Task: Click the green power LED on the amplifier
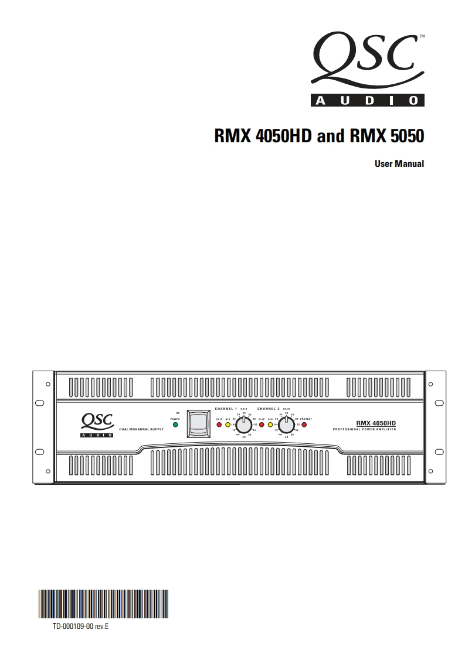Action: pyautogui.click(x=175, y=425)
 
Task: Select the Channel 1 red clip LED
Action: pyautogui.click(x=219, y=425)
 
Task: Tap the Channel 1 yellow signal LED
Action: pyautogui.click(x=228, y=425)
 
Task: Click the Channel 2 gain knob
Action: pyautogui.click(x=286, y=425)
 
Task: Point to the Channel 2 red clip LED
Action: pyautogui.click(x=262, y=425)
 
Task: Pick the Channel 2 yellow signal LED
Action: pyautogui.click(x=270, y=425)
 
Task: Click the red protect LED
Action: pyautogui.click(x=304, y=425)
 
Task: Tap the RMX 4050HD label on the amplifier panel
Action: pyautogui.click(x=376, y=423)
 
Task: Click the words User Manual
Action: pyautogui.click(x=399, y=164)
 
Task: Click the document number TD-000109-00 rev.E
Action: pyautogui.click(x=81, y=627)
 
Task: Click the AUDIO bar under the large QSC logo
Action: pyautogui.click(x=366, y=101)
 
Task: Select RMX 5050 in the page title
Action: pyautogui.click(x=386, y=136)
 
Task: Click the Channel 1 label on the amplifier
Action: pyautogui.click(x=226, y=409)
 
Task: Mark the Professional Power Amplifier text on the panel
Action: pyautogui.click(x=364, y=430)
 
